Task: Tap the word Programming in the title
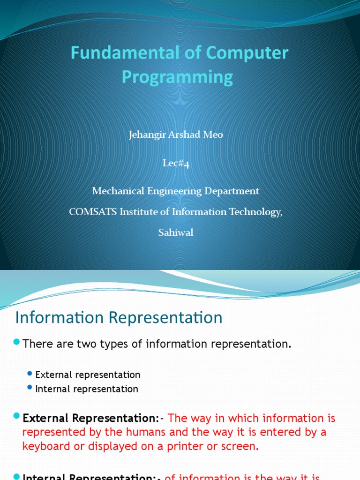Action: (177, 76)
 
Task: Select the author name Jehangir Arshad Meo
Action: (176, 135)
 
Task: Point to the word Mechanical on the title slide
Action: (118, 191)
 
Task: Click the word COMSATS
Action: (93, 211)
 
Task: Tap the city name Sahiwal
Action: (176, 232)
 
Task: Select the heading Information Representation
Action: (119, 318)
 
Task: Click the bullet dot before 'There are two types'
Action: (17, 343)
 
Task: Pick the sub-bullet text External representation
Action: (88, 375)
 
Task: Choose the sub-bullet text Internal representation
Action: (87, 389)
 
